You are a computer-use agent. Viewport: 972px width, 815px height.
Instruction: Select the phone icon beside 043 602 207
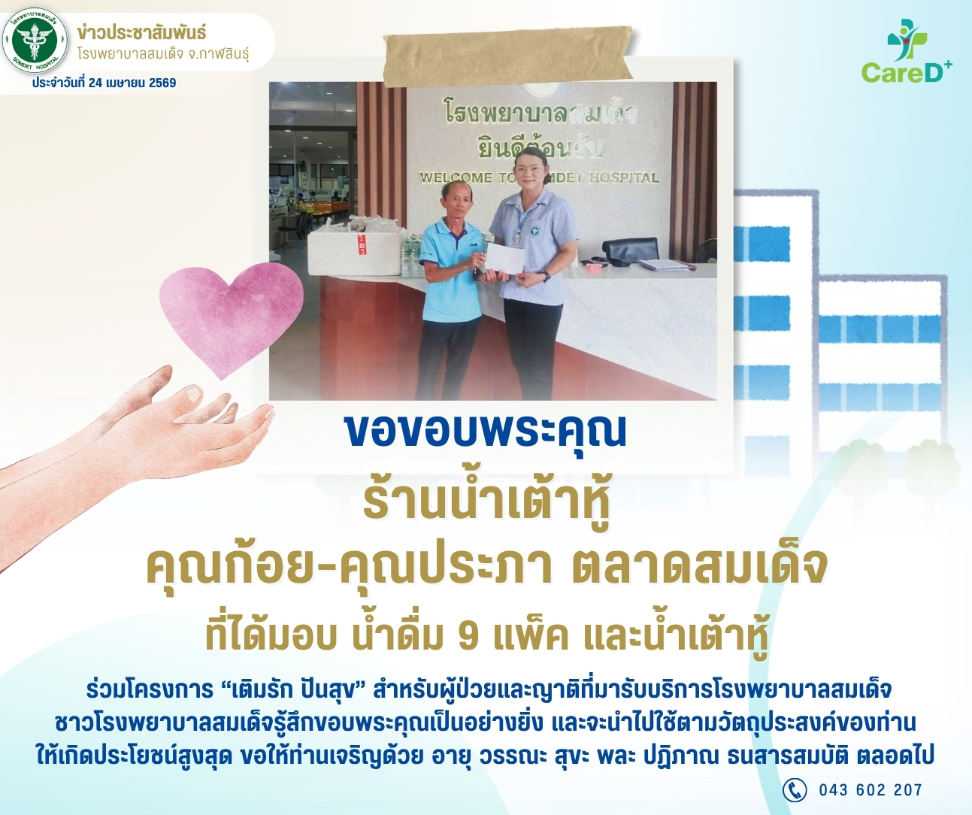point(794,790)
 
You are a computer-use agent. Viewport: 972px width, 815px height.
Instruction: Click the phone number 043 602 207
point(871,790)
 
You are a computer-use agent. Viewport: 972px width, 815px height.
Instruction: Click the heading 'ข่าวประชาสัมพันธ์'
point(141,33)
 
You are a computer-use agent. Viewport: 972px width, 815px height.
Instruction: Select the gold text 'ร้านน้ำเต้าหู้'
point(486,508)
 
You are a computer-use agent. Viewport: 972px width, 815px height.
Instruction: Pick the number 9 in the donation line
point(469,639)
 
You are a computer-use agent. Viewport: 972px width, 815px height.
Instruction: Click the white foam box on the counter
point(355,250)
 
